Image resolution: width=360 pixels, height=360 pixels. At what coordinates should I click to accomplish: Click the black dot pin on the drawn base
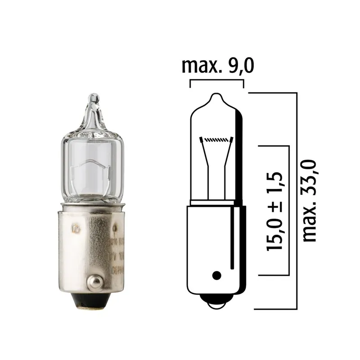[216, 274]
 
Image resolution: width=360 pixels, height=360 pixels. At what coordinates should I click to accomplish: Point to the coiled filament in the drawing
[216, 140]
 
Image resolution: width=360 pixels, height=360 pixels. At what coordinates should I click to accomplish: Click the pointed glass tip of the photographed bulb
[93, 100]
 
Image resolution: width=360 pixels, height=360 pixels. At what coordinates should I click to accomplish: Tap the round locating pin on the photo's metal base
[94, 281]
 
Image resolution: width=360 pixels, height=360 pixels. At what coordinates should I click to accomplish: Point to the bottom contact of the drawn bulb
[216, 304]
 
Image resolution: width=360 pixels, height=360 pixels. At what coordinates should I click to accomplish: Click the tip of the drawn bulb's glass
[216, 96]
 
